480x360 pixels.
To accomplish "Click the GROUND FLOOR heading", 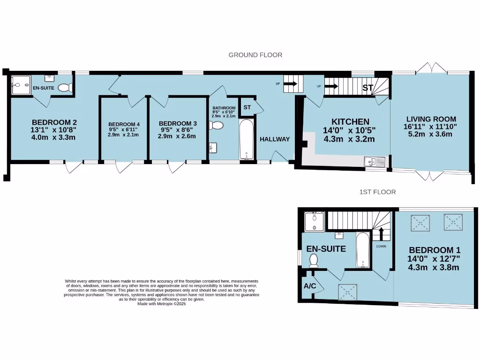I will coord(255,55).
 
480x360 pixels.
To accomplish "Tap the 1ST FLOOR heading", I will coord(377,192).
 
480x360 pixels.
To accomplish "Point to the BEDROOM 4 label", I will coord(121,125).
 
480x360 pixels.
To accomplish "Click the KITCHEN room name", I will coord(347,122).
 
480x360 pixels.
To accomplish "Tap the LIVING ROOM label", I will coord(431,119).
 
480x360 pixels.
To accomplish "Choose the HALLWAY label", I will coord(275,139).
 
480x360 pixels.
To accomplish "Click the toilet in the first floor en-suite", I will coord(314,261).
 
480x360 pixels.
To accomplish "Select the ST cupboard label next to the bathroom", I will coord(247,107).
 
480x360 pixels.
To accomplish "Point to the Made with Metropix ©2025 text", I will coord(162,304).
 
